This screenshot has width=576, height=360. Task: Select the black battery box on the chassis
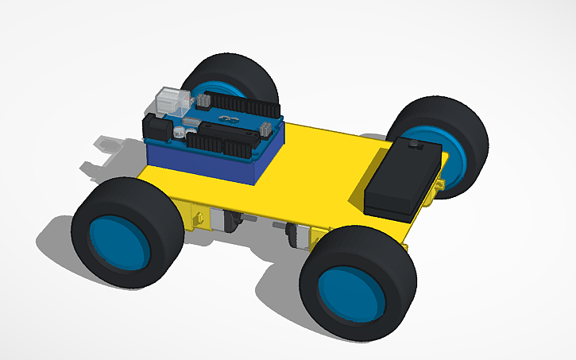point(402,178)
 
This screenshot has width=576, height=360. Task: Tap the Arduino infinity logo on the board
point(230,119)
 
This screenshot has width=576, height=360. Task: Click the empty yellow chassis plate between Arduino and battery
point(318,171)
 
